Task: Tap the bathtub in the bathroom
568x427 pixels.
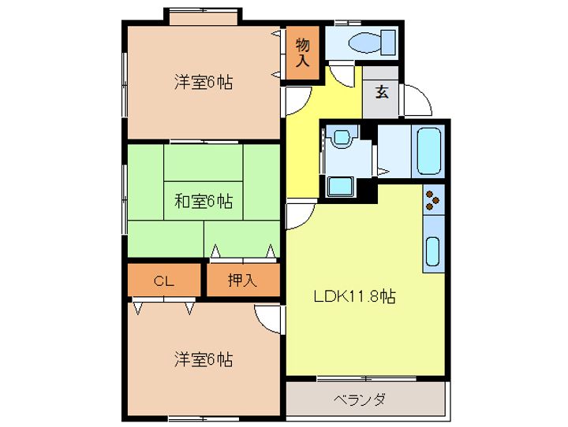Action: pyautogui.click(x=428, y=150)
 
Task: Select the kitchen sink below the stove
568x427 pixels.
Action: pyautogui.click(x=433, y=251)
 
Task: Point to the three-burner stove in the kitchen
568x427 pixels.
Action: pyautogui.click(x=433, y=200)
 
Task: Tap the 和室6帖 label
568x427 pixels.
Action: pyautogui.click(x=203, y=201)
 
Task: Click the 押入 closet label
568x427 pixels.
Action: pyautogui.click(x=242, y=280)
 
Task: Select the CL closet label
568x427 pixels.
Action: pyautogui.click(x=163, y=280)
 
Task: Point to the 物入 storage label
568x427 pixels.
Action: pyautogui.click(x=303, y=52)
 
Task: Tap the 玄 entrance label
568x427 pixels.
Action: pyautogui.click(x=382, y=91)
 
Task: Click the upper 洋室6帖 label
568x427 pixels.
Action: pyautogui.click(x=203, y=82)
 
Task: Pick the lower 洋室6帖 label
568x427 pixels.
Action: pyautogui.click(x=203, y=359)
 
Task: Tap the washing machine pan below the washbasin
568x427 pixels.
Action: pyautogui.click(x=341, y=186)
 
